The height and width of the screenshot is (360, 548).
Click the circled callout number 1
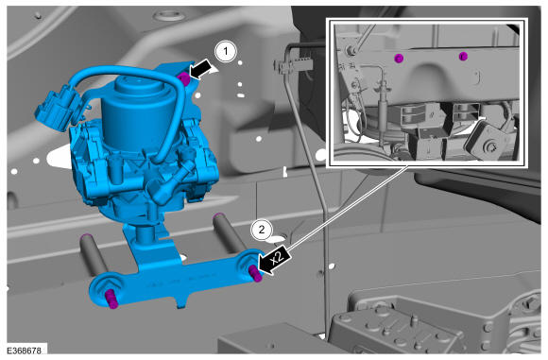(x=226, y=52)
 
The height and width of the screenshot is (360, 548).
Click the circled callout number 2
(x=261, y=230)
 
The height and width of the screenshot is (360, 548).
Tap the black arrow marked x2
(x=274, y=261)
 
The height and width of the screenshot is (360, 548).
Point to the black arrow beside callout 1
(x=200, y=69)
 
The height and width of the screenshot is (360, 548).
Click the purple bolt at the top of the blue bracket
(x=183, y=78)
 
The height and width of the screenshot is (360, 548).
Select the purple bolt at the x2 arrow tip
(x=256, y=273)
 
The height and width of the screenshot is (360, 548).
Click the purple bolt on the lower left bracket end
(x=111, y=300)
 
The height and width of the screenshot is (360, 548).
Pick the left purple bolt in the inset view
(x=398, y=58)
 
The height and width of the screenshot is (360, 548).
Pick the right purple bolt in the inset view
(x=462, y=56)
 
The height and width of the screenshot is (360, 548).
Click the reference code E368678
(x=24, y=351)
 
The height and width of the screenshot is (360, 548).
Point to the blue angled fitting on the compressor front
(x=169, y=184)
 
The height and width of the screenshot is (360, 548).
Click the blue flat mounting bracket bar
(x=175, y=277)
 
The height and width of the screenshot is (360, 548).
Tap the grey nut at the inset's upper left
(x=351, y=51)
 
